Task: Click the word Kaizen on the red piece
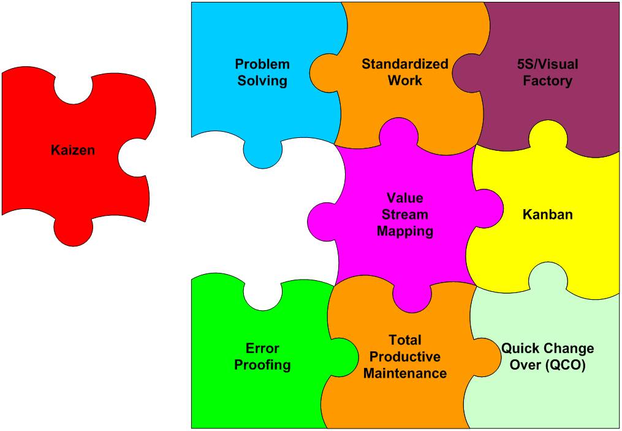pos(73,150)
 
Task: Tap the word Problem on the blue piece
pos(262,64)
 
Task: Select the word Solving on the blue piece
pos(262,80)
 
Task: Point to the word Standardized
pos(404,64)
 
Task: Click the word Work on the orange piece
pos(404,80)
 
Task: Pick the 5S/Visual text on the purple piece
pos(547,64)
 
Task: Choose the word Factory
pos(547,80)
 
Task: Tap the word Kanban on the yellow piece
pos(547,215)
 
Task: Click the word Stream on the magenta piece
pos(405,215)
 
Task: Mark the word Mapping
pos(405,231)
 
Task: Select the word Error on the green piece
pos(262,348)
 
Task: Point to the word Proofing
pos(262,365)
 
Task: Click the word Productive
pos(405,357)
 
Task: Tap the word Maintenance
pos(405,373)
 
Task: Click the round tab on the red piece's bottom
pos(74,232)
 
